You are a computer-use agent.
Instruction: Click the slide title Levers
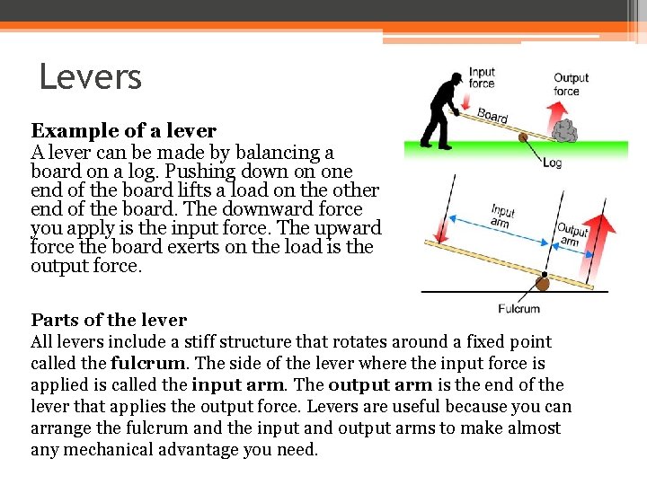[90, 77]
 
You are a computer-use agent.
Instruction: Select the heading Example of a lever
[124, 131]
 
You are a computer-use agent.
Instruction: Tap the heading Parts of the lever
[109, 320]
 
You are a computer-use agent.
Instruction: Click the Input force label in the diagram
[482, 78]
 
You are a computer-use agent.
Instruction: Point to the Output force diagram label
[572, 84]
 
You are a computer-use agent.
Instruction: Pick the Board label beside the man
[492, 115]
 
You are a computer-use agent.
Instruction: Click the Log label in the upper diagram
[553, 163]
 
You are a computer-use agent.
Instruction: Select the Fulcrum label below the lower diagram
[518, 309]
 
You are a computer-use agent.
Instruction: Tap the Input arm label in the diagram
[503, 216]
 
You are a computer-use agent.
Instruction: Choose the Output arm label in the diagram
[572, 236]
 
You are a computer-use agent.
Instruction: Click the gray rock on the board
[564, 131]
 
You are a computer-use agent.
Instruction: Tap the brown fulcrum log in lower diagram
[542, 283]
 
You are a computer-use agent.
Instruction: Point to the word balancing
[279, 153]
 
